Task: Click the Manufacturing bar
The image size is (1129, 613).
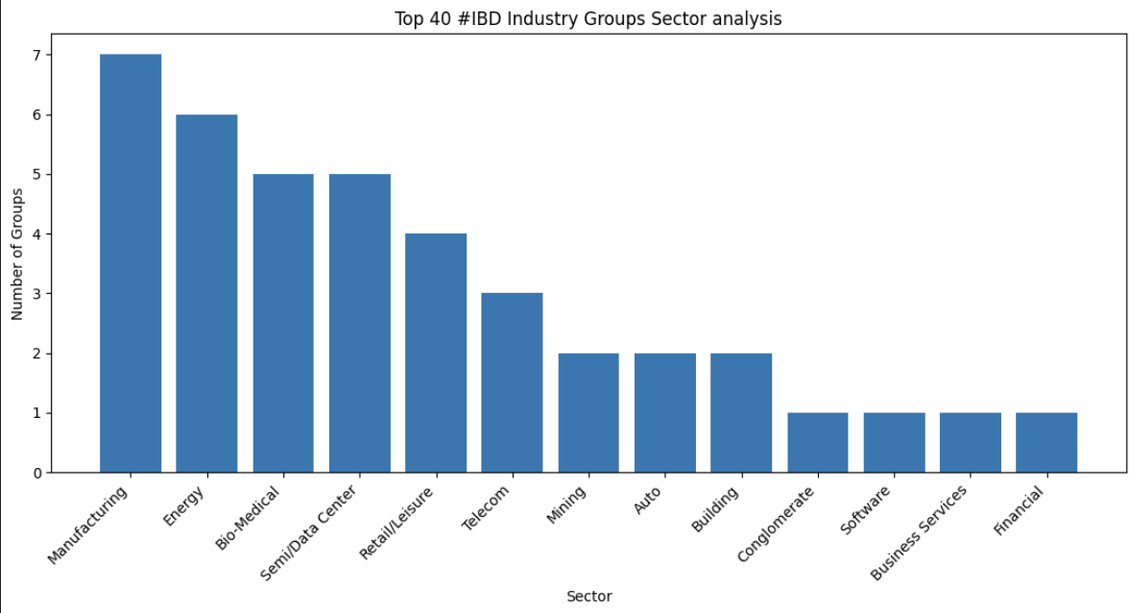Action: click(x=131, y=263)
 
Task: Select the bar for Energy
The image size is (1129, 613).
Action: click(x=206, y=293)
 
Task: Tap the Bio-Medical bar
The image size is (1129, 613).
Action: click(x=283, y=323)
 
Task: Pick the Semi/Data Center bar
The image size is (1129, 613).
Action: click(x=359, y=323)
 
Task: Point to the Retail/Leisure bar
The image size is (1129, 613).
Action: click(x=436, y=353)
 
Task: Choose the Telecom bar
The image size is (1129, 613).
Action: click(x=512, y=382)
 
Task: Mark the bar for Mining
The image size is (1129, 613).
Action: click(x=589, y=412)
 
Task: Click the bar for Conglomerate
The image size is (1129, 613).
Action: click(x=817, y=442)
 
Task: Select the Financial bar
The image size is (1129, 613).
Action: click(x=1046, y=442)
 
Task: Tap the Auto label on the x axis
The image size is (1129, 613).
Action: click(x=648, y=501)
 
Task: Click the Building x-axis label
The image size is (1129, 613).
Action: click(x=715, y=509)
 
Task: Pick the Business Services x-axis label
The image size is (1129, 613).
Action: click(x=919, y=532)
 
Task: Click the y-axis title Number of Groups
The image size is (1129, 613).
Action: click(x=17, y=254)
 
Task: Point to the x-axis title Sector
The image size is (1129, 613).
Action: click(x=589, y=597)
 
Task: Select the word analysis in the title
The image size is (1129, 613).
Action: click(x=752, y=19)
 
